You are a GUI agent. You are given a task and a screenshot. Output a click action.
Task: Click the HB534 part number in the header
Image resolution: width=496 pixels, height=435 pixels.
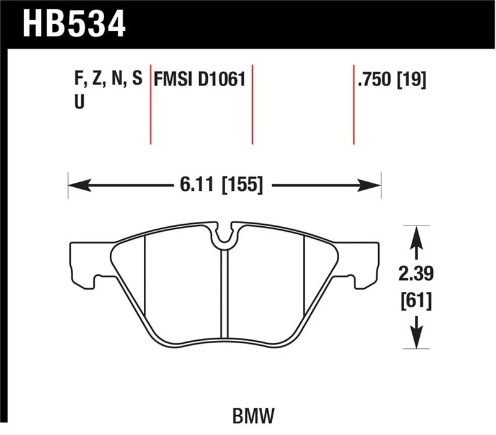point(74,24)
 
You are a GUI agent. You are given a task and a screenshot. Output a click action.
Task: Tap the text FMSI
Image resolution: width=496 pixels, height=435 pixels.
point(173,79)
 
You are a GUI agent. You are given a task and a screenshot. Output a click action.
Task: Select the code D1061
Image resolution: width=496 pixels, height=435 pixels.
point(222,79)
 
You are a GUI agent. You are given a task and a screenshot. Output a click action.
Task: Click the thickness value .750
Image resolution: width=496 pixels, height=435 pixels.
point(374,79)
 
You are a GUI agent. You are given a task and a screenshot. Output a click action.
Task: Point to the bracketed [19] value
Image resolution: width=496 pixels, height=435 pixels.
point(412,80)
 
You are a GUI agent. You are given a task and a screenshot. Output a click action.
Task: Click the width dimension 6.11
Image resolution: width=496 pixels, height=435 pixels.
point(197,184)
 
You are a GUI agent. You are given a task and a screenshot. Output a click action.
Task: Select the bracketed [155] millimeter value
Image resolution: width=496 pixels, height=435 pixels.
point(243,185)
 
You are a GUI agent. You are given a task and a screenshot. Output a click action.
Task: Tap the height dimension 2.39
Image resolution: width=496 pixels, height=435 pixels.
point(416,273)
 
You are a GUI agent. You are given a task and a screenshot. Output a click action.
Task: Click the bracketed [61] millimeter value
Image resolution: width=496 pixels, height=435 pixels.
point(416,301)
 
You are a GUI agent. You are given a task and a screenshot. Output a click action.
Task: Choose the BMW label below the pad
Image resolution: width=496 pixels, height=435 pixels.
point(254,416)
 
